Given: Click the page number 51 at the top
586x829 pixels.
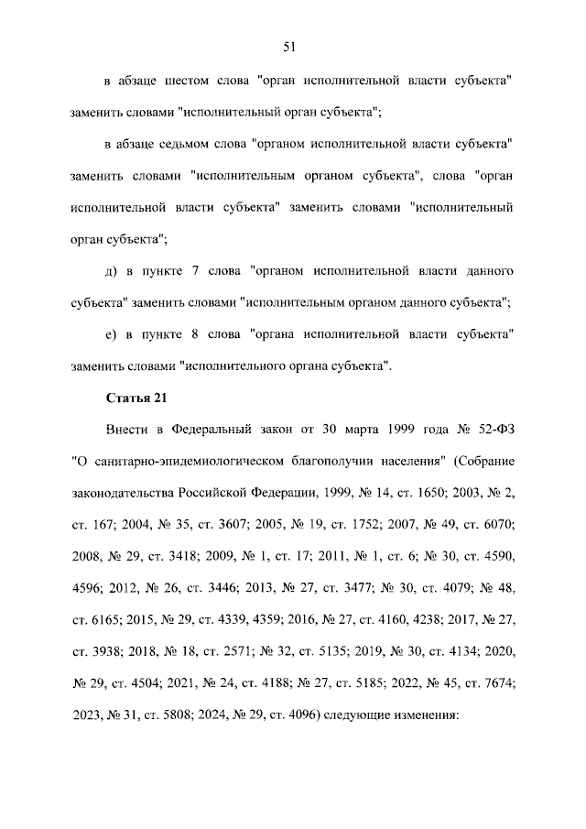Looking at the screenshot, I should point(292,47).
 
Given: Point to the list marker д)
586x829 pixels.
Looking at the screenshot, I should point(113,271).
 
